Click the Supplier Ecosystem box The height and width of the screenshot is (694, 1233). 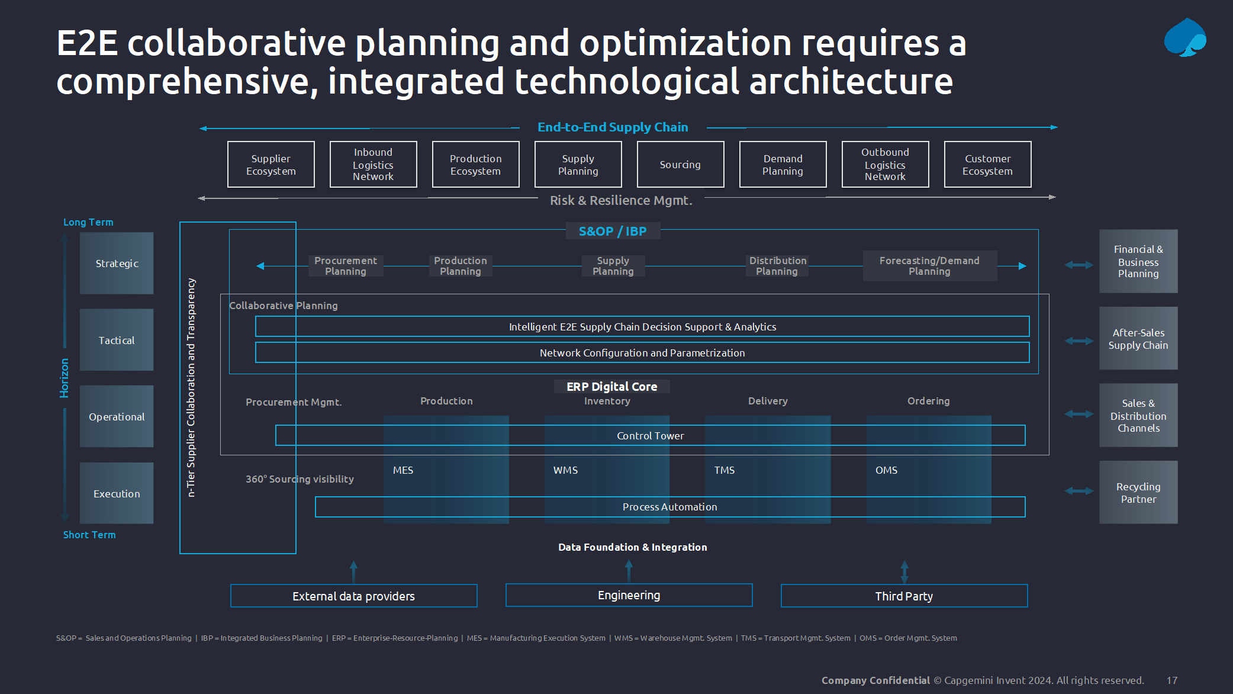271,165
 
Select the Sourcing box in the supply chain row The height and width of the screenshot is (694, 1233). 680,165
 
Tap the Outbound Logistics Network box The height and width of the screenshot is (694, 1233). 885,165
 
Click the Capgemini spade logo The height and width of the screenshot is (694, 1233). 1185,37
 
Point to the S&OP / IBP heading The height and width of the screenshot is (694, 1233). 613,231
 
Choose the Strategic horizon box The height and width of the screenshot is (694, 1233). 117,263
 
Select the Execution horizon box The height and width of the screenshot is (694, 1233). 117,493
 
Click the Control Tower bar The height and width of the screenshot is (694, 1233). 650,435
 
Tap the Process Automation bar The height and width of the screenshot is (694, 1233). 670,507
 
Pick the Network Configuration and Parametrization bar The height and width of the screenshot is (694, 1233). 642,352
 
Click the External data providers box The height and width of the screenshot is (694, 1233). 353,596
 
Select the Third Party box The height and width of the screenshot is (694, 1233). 904,596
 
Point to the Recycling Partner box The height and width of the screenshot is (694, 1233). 1138,492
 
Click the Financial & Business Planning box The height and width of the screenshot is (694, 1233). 1138,261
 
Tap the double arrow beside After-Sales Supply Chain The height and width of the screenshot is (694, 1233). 1079,340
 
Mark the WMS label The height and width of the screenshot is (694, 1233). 565,470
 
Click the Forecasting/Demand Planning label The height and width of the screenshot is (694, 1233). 929,266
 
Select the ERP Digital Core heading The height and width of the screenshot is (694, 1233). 611,387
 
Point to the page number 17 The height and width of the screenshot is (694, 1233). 1172,680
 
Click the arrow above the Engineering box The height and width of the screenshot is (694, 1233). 629,571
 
